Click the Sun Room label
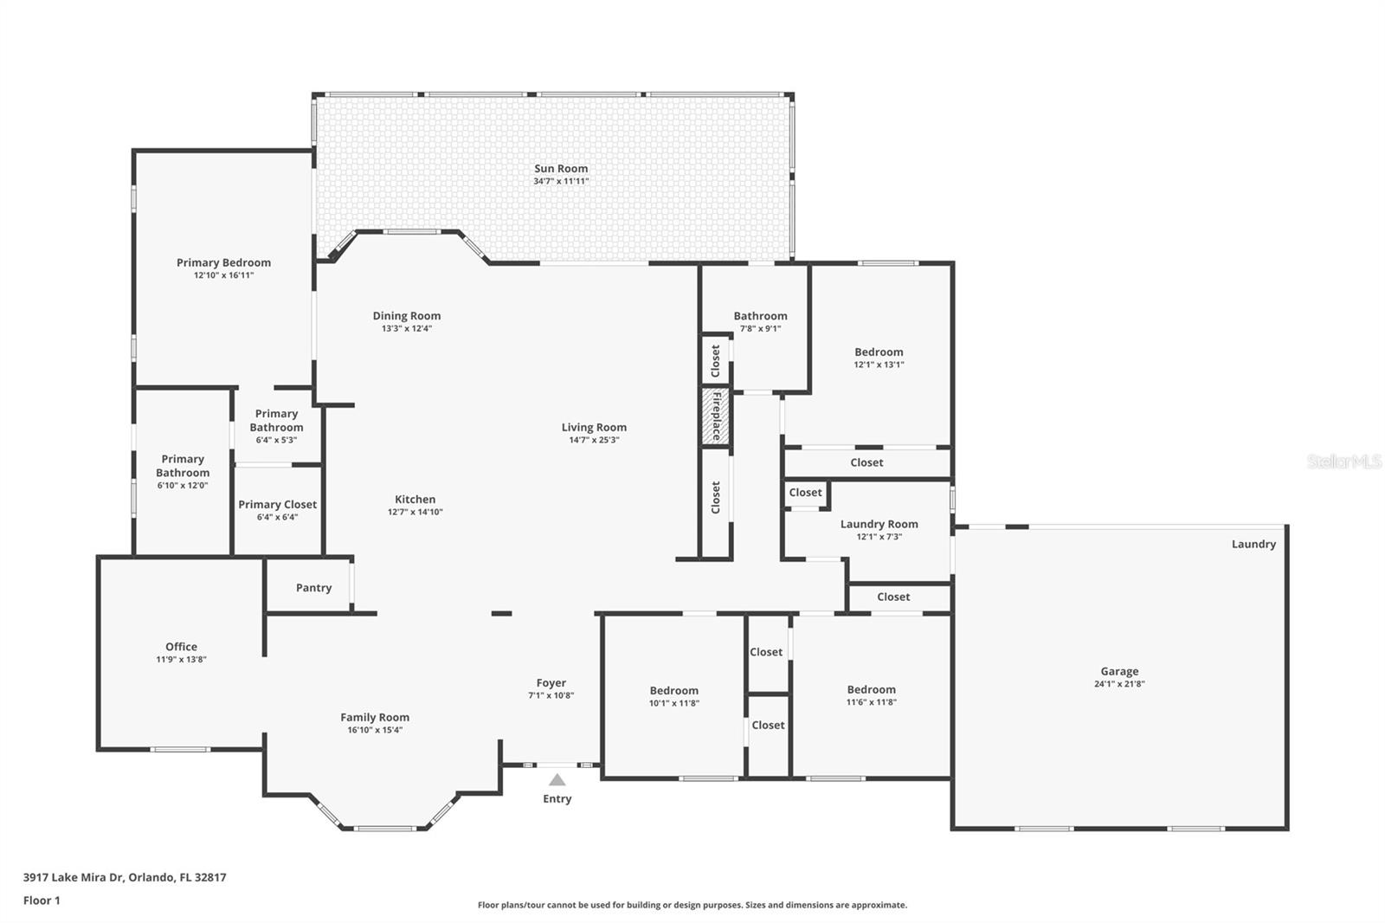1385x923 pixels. [x=561, y=169]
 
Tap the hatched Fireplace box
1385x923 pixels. [x=716, y=416]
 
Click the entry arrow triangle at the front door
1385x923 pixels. [x=557, y=780]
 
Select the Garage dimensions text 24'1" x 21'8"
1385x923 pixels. [x=1119, y=684]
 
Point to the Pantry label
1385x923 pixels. [x=313, y=588]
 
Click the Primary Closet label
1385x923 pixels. [x=277, y=505]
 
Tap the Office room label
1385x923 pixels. [x=181, y=647]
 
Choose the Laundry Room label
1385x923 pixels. [x=879, y=524]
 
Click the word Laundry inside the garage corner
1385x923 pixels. [x=1253, y=544]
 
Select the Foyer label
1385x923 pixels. [x=551, y=683]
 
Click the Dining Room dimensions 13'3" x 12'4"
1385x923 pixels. [x=407, y=329]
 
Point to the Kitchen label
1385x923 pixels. [x=415, y=500]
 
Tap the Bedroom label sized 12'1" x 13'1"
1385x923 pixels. [x=879, y=352]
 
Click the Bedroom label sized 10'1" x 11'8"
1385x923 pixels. [x=673, y=691]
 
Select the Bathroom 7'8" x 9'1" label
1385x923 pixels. [x=760, y=316]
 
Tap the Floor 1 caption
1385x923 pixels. [x=42, y=900]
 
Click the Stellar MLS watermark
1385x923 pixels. [x=1343, y=461]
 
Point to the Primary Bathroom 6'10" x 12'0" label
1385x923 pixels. [x=183, y=466]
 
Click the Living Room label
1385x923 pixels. [x=594, y=428]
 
